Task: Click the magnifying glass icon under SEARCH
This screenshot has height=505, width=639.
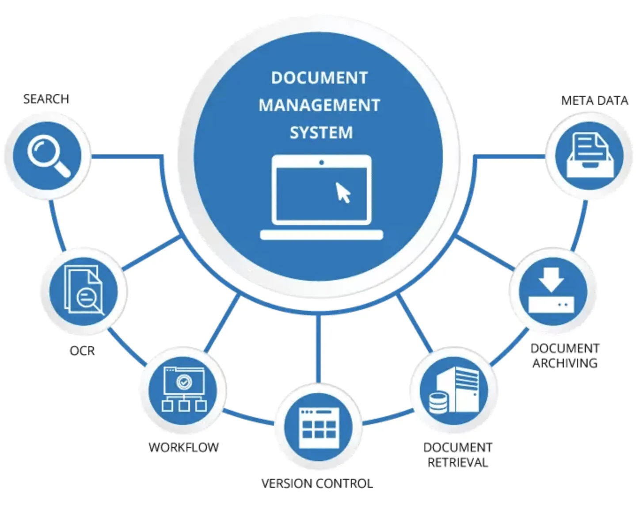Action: [48, 156]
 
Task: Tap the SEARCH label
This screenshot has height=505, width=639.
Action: [46, 99]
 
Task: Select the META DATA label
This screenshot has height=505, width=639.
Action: [594, 101]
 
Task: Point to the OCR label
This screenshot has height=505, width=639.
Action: [82, 351]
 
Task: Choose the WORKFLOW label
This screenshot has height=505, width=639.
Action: [183, 448]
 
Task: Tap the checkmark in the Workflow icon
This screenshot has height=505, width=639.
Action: [184, 382]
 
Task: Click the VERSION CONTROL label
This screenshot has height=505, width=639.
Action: [317, 484]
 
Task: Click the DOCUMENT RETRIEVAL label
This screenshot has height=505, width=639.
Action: [457, 455]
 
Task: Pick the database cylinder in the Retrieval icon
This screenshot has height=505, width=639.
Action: [438, 402]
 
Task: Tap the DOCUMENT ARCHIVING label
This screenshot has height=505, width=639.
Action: [565, 356]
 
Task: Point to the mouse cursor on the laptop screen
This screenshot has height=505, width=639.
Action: [343, 192]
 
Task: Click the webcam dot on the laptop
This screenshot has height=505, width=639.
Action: [321, 163]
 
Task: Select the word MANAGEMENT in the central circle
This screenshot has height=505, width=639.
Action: [319, 106]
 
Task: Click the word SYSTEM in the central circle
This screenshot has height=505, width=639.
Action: [321, 133]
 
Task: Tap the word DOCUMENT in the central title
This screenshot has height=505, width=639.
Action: [319, 78]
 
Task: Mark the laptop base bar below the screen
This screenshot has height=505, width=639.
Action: [321, 235]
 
